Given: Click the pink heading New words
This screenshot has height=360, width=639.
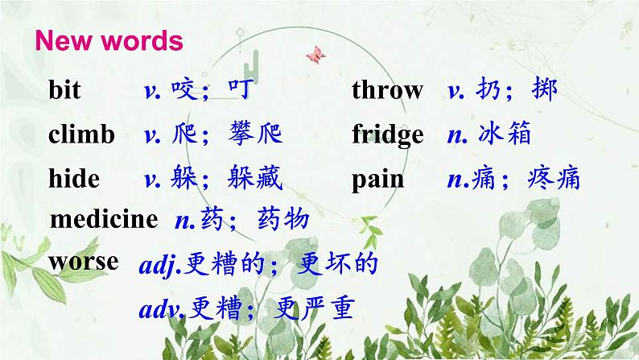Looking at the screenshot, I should (x=109, y=41).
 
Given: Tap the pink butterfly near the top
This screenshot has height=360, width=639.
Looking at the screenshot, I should (x=315, y=55).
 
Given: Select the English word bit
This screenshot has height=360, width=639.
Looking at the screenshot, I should (x=64, y=90).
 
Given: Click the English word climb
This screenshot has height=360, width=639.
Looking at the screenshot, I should (x=81, y=134).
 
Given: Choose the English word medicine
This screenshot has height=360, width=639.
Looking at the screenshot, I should (x=104, y=219).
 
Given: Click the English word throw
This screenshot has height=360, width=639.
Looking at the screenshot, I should (x=387, y=90).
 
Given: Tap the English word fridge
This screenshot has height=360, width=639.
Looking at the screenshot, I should (x=387, y=134).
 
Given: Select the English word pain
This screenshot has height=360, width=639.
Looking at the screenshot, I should (x=378, y=178).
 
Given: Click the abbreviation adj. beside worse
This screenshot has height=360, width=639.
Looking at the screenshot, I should (x=161, y=265).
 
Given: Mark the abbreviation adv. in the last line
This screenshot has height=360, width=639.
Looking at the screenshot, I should (x=162, y=309).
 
